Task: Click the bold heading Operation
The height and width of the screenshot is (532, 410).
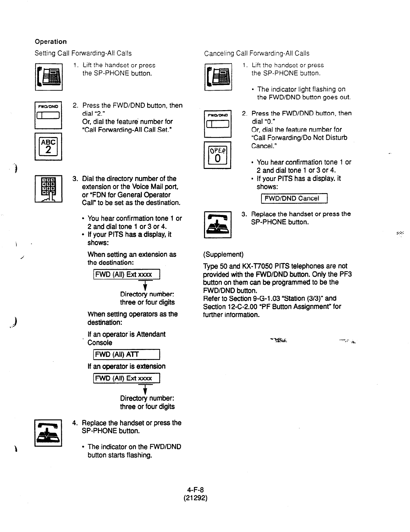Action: [x=51, y=42]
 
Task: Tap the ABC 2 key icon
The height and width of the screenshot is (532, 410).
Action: [x=48, y=146]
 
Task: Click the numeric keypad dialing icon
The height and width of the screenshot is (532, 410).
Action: [x=48, y=188]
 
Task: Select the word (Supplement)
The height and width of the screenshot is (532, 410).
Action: [x=223, y=255]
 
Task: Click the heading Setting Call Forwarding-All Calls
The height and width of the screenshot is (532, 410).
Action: [x=83, y=53]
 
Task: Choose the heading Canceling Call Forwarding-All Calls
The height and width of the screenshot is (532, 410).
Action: [x=256, y=53]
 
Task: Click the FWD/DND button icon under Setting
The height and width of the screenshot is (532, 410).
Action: [x=48, y=115]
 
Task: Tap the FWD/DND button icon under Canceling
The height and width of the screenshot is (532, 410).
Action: [x=218, y=123]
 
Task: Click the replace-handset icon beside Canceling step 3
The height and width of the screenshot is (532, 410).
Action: [x=218, y=224]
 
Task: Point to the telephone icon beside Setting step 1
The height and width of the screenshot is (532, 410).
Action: [x=48, y=77]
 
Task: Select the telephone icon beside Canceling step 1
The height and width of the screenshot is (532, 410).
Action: [x=218, y=77]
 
